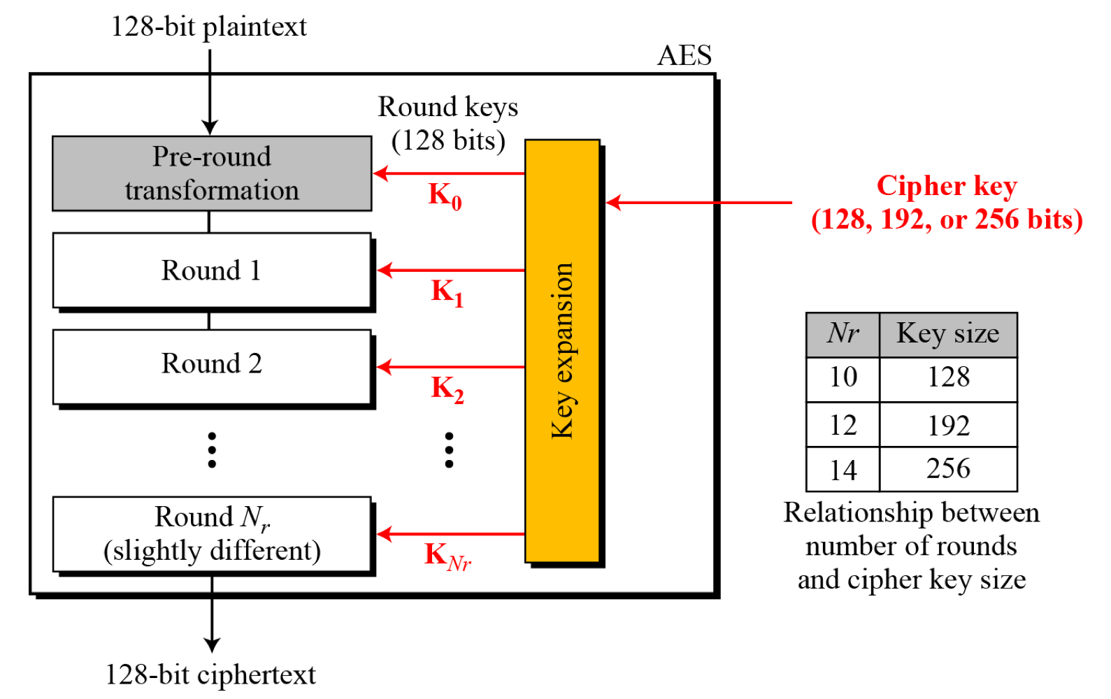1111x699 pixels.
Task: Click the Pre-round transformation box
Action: (x=212, y=173)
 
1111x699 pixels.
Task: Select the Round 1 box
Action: (x=212, y=270)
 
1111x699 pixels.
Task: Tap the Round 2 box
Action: (x=212, y=366)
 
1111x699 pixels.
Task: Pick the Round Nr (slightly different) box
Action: (x=212, y=533)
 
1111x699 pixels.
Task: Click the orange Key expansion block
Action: (x=562, y=350)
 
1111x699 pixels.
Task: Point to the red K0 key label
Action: (x=445, y=196)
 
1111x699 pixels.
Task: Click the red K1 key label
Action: (x=447, y=292)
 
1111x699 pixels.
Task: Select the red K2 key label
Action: (x=447, y=389)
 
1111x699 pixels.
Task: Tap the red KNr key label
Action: (x=447, y=556)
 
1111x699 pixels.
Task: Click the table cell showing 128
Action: (x=948, y=378)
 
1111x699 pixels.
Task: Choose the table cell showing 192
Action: (x=948, y=426)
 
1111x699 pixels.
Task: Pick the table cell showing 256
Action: (x=948, y=469)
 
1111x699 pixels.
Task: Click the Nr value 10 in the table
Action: (x=843, y=378)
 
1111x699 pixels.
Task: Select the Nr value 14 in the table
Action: (x=843, y=470)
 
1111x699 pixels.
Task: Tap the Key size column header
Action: (x=948, y=334)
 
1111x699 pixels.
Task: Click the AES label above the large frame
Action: (x=684, y=56)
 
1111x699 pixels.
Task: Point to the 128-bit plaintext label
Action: (x=209, y=27)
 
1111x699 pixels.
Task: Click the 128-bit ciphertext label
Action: (x=210, y=675)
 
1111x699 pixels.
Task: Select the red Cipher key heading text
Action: (x=947, y=187)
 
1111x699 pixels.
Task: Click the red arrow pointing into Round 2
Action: (x=450, y=366)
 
